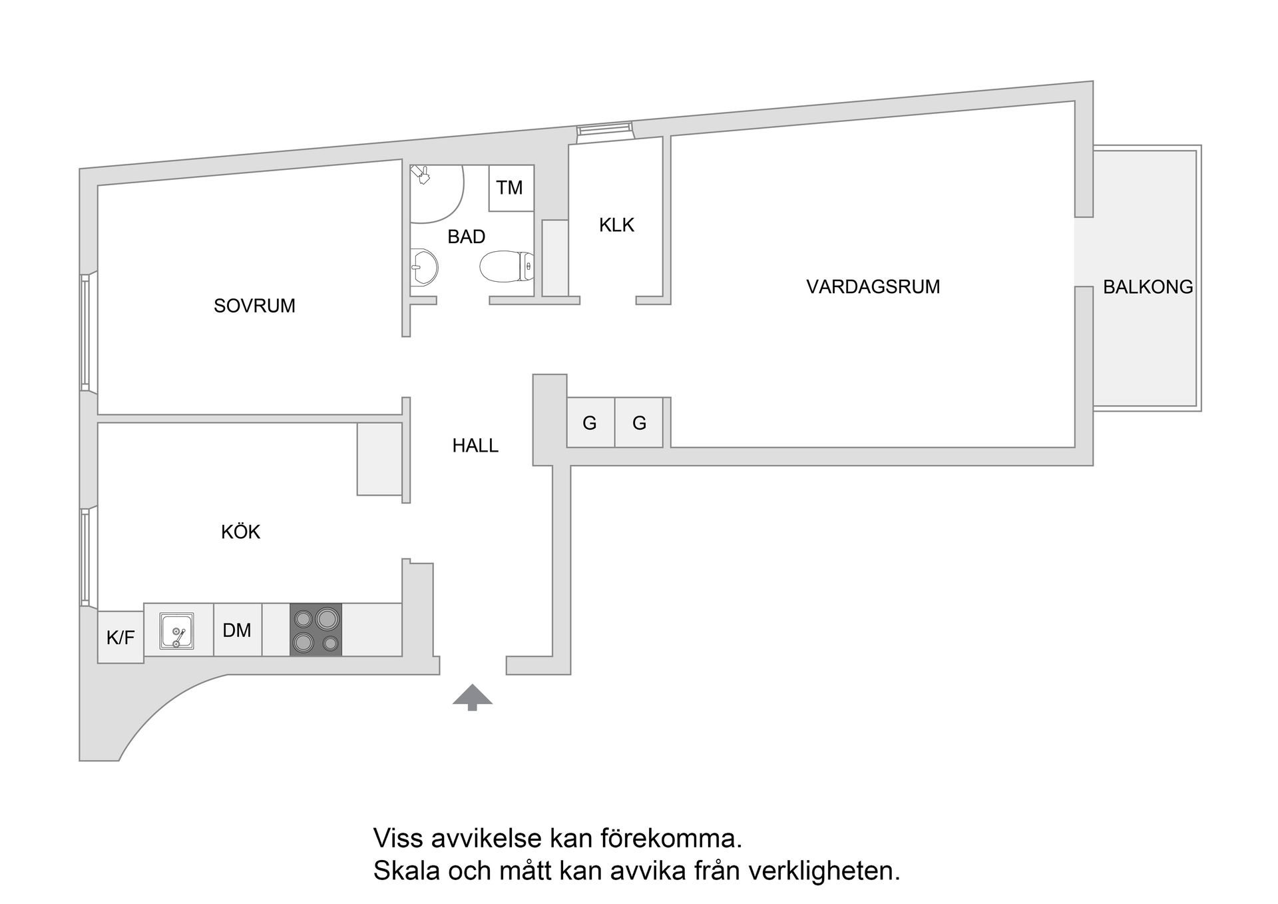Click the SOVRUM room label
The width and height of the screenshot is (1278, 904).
[254, 306]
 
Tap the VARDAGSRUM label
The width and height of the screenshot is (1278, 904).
[873, 287]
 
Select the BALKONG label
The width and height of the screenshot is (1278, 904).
[1148, 287]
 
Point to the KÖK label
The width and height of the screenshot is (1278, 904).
[240, 532]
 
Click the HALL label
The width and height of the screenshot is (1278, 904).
[475, 446]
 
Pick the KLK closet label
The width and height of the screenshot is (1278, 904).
[616, 225]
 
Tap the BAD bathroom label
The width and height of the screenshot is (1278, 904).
[466, 236]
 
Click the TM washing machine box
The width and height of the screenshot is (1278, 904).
[511, 188]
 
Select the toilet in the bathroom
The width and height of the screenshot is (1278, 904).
[506, 266]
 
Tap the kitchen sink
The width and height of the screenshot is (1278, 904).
[177, 630]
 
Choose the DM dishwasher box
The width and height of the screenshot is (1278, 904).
[237, 630]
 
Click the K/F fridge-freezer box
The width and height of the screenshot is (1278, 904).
[120, 638]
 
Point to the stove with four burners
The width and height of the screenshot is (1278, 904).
[316, 630]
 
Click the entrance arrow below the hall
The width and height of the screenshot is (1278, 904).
[473, 696]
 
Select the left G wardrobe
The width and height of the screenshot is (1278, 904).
[590, 422]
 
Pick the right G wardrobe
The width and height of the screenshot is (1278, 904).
[639, 422]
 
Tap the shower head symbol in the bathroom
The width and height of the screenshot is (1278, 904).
[421, 175]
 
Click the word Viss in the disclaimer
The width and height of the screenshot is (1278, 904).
[399, 838]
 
